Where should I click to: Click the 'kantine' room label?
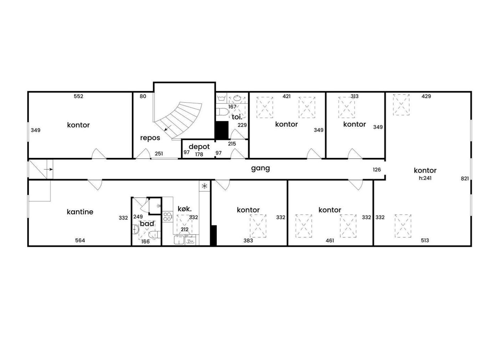[80, 212]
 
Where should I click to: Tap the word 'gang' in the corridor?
[261, 168]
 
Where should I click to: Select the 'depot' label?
[199, 146]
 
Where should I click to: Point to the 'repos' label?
[150, 138]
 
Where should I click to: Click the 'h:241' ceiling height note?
[425, 178]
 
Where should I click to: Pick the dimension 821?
[465, 179]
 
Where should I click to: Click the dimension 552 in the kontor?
[78, 96]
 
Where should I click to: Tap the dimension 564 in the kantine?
[80, 240]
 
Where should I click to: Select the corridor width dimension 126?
[377, 170]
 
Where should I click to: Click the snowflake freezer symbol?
[205, 186]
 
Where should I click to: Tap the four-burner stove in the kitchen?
[167, 217]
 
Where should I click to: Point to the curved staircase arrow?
[168, 128]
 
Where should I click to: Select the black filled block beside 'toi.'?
[222, 130]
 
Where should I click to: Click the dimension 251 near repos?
[159, 154]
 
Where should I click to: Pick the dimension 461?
[330, 240]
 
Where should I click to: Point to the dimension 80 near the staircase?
[143, 96]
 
